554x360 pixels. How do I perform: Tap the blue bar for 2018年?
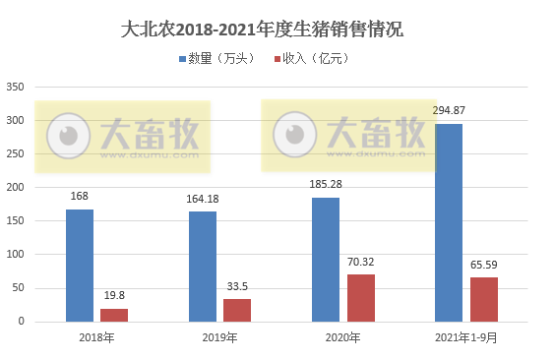coord(80,266)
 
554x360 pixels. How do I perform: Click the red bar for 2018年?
coord(114,315)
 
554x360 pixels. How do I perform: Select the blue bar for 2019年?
coord(202,267)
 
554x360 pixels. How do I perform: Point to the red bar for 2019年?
coord(237,310)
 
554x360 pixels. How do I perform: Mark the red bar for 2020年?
coord(360,298)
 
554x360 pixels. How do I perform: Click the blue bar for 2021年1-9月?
coord(449,223)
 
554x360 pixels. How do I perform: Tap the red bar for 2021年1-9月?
coord(483,299)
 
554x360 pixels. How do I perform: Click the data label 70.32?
coord(360,262)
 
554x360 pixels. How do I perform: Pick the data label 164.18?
coord(202,200)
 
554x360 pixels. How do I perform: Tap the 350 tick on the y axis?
coord(15,88)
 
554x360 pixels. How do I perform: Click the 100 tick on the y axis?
coord(15,255)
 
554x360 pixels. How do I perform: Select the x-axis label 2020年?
coord(342,338)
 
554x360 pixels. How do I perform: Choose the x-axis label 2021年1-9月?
coord(466,338)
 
